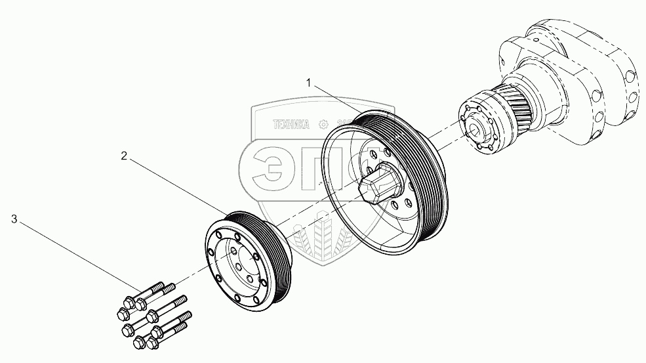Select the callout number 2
[x=124, y=156]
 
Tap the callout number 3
[x=14, y=219]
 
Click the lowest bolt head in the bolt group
[x=139, y=342]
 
